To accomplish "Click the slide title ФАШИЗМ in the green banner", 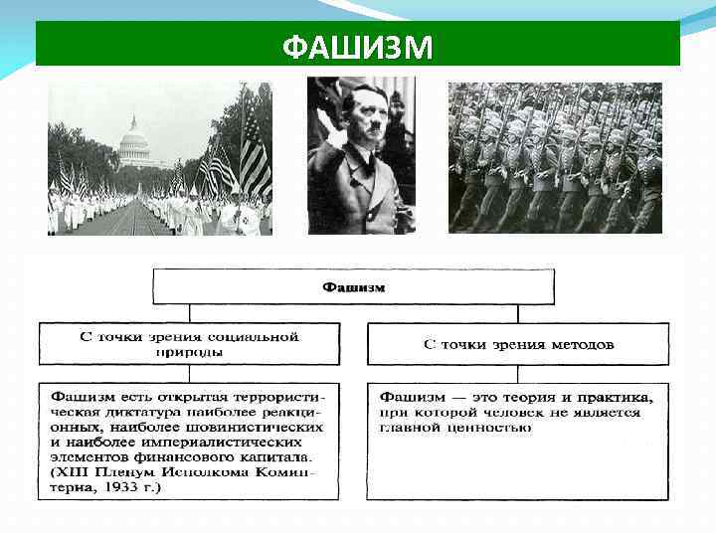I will coord(357,47).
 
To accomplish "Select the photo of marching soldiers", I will coord(555,157).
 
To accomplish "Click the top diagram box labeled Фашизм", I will coord(353,286).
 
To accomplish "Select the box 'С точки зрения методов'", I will coord(518,344).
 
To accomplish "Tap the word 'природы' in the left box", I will coord(189,351).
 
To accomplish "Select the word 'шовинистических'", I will coord(265,427).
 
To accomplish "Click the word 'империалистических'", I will coord(248,442).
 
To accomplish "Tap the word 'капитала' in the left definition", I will coord(278,456).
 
